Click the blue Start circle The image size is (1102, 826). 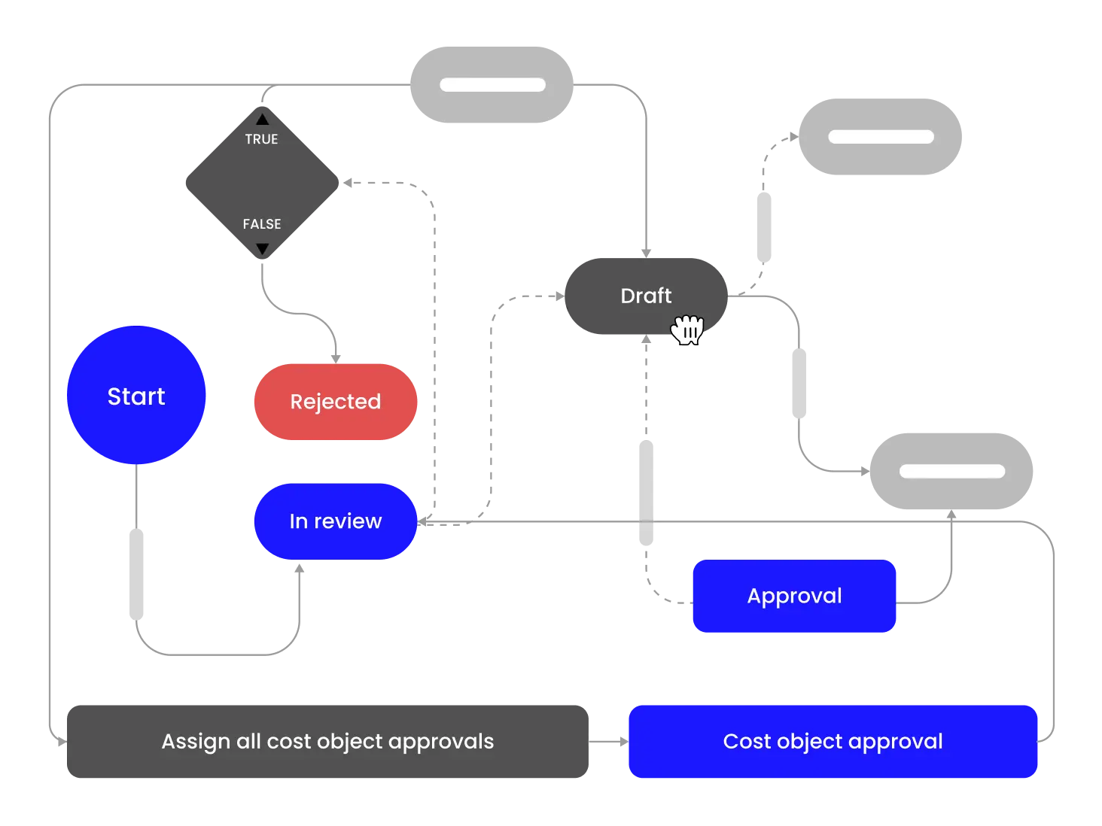pyautogui.click(x=136, y=396)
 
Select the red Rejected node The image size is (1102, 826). pyautogui.click(x=336, y=402)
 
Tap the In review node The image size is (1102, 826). pyautogui.click(x=336, y=521)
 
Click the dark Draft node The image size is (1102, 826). pyautogui.click(x=646, y=296)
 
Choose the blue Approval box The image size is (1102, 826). pyautogui.click(x=794, y=596)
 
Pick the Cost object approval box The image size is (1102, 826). pyautogui.click(x=833, y=742)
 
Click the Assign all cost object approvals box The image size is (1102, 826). pyautogui.click(x=327, y=742)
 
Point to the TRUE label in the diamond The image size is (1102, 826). pyautogui.click(x=261, y=139)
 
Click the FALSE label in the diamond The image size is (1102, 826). pyautogui.click(x=262, y=224)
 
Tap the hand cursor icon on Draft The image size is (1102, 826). pyautogui.click(x=687, y=329)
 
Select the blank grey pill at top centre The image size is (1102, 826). pyautogui.click(x=492, y=84)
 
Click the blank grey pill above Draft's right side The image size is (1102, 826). pyautogui.click(x=880, y=137)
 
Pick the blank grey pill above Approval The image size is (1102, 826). pyautogui.click(x=951, y=471)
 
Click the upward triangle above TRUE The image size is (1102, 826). pyautogui.click(x=262, y=119)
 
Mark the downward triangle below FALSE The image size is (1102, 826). pyautogui.click(x=262, y=249)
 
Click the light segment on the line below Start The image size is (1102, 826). pyautogui.click(x=135, y=572)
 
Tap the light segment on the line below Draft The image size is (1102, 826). pyautogui.click(x=647, y=493)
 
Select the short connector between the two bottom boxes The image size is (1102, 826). pyautogui.click(x=608, y=742)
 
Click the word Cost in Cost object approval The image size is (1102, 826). pyautogui.click(x=747, y=742)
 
